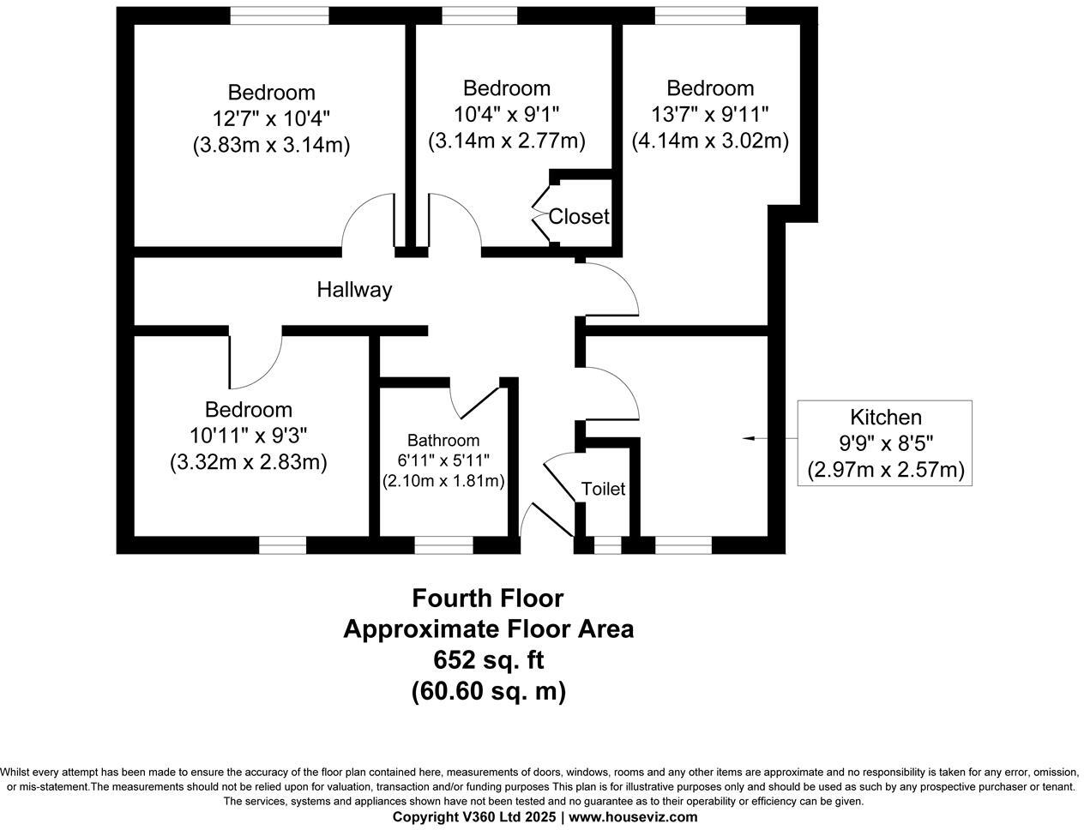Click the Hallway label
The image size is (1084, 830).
click(354, 290)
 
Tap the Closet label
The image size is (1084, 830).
click(579, 216)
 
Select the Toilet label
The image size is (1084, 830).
click(603, 489)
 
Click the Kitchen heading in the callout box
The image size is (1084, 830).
click(885, 417)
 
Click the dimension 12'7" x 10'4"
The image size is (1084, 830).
click(271, 119)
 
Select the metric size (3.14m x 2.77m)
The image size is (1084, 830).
click(506, 141)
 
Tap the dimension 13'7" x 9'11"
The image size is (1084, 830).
click(710, 115)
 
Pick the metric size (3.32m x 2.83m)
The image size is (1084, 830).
click(249, 462)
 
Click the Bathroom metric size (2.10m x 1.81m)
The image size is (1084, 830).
click(443, 481)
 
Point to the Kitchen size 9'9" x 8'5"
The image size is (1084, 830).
click(885, 443)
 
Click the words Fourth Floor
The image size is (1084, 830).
click(487, 598)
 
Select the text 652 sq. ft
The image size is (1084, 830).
click(488, 660)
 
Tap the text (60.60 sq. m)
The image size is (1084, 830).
click(488, 691)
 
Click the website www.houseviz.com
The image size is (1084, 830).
click(633, 817)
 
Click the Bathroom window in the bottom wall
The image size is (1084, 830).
click(443, 545)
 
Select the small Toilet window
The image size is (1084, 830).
click(607, 545)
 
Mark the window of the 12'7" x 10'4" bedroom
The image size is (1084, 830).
click(280, 15)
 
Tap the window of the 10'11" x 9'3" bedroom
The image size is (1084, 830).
click(282, 545)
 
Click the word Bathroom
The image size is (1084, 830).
click(443, 441)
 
